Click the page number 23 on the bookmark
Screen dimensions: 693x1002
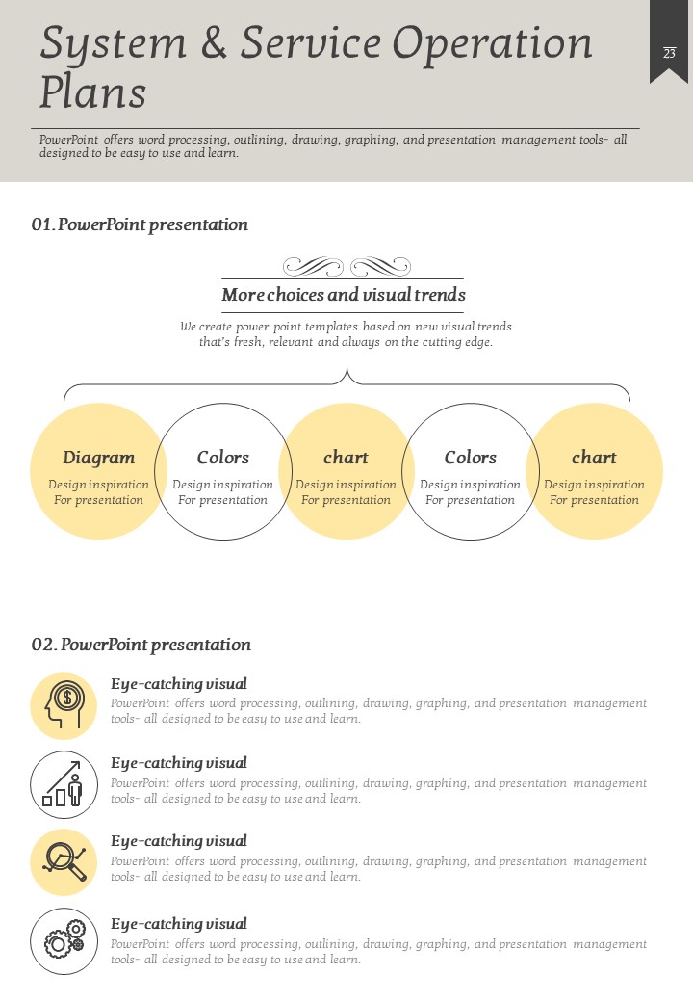[x=669, y=53]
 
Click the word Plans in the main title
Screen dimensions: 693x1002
[x=93, y=92]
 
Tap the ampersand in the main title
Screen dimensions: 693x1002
[x=213, y=42]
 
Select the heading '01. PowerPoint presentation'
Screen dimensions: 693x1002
[x=140, y=224]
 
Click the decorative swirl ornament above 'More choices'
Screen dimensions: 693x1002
[x=346, y=266]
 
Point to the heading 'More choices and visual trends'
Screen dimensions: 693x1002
[x=344, y=295]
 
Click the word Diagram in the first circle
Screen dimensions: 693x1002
[x=99, y=459]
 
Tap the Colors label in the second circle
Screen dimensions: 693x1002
[x=222, y=458]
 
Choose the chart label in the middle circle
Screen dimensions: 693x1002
[x=346, y=458]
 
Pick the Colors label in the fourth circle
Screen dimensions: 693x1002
[x=471, y=458]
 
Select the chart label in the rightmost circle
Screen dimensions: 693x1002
[x=594, y=458]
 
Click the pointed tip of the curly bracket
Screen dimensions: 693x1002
[x=346, y=365]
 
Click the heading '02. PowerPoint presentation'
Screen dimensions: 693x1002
[x=141, y=645]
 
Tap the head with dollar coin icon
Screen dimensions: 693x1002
[x=64, y=705]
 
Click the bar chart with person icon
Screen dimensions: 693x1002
[x=63, y=784]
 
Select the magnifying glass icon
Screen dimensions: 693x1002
[x=64, y=860]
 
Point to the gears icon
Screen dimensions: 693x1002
[x=64, y=939]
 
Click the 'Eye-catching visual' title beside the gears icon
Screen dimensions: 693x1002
[x=179, y=924]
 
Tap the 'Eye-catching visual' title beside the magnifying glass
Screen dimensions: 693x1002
[x=179, y=842]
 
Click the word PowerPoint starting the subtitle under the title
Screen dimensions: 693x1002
[x=69, y=140]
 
